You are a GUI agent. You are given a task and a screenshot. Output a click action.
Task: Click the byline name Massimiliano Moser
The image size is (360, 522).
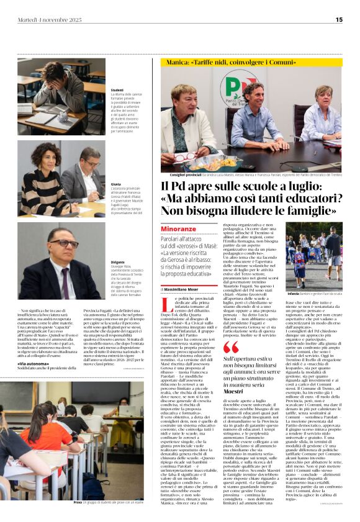click(x=187, y=289)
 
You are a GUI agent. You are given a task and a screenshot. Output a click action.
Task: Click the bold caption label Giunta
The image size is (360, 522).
click(x=116, y=184)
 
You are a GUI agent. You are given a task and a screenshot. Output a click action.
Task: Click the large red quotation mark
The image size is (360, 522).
click(x=230, y=347)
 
